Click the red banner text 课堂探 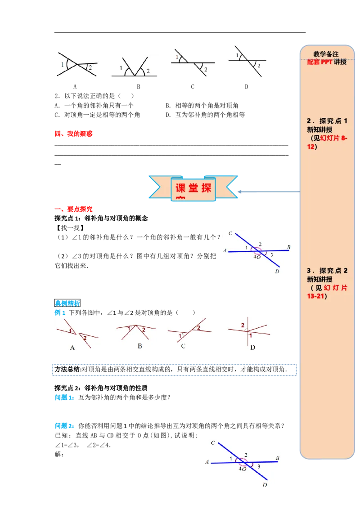point(193,188)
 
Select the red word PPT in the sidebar point(326,62)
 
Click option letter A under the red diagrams point(72,347)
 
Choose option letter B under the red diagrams point(139,346)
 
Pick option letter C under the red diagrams point(183,346)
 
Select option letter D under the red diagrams point(252,347)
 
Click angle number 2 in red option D point(243,325)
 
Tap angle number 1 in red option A point(71,331)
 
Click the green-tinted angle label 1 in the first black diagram point(62,64)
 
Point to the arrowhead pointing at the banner point(240,192)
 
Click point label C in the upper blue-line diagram point(230,233)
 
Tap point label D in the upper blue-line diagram point(277,272)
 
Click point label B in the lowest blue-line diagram point(278,458)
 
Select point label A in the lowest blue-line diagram point(207,461)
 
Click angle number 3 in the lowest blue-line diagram point(259,467)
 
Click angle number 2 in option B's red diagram point(144,330)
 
